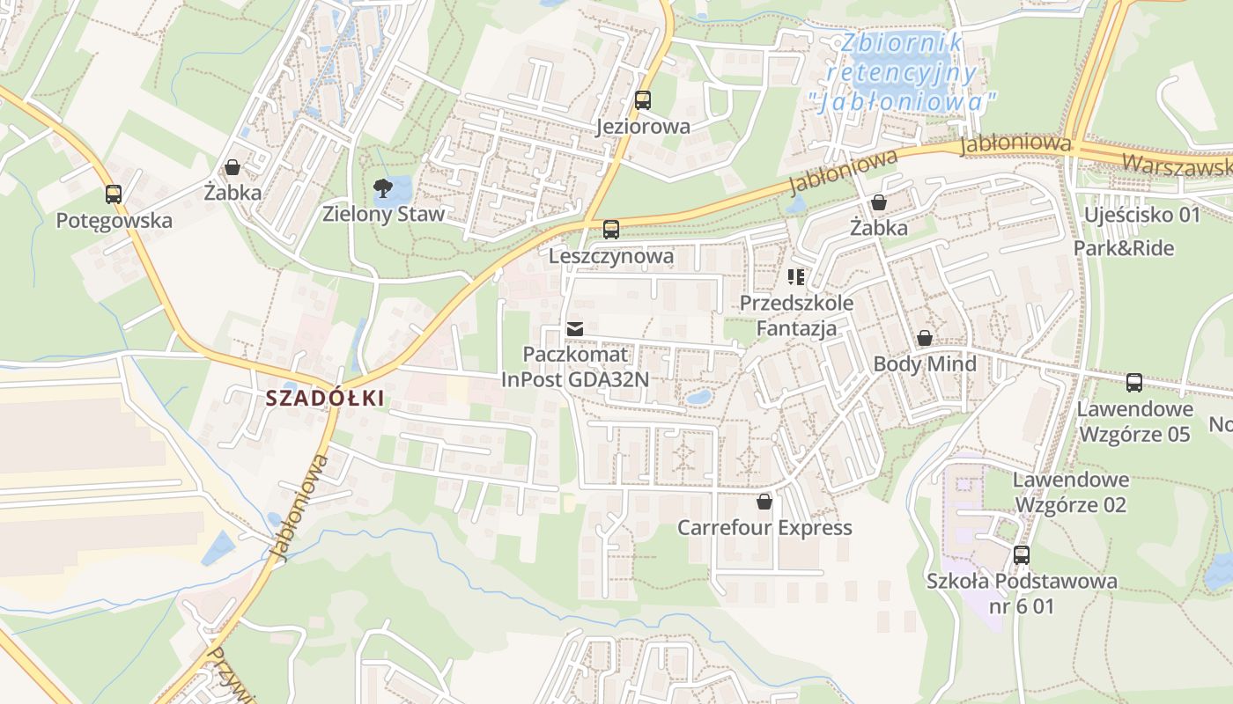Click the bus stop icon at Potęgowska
coord(114,194)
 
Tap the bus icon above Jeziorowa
coord(643,100)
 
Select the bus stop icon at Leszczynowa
coord(611,230)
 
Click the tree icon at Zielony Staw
coord(382,187)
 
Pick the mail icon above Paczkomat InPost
coord(575,328)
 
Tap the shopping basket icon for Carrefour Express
coord(764,502)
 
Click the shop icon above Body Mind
coord(925,338)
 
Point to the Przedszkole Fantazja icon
coord(796,278)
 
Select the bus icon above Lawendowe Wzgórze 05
coord(1134,383)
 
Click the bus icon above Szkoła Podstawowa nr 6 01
coord(1022,555)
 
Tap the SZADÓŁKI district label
coord(325,398)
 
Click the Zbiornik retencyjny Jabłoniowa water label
coord(903,72)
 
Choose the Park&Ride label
coord(1124,248)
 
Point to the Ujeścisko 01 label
coord(1142,215)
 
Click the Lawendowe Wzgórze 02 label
coord(1071,492)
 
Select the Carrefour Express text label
coord(764,528)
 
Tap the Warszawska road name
coord(1177,165)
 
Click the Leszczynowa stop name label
coord(611,256)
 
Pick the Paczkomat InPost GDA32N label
coord(575,367)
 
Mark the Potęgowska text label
coord(114,220)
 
